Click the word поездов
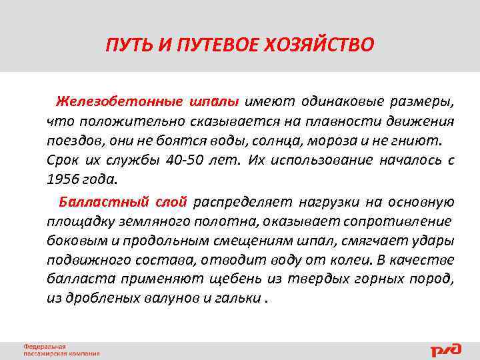[71, 141]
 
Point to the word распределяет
[242, 201]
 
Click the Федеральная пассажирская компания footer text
[61, 349]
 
